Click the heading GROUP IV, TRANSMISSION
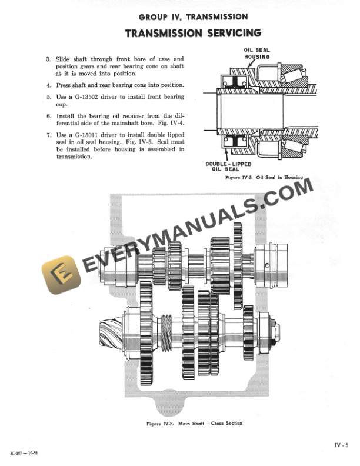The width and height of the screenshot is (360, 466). [x=185, y=17]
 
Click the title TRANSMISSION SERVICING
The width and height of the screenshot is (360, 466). [x=185, y=33]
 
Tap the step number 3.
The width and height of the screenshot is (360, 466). [x=48, y=59]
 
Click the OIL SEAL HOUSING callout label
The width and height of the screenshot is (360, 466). [x=257, y=54]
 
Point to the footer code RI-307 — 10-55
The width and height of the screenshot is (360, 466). [x=27, y=453]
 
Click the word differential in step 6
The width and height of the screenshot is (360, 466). [x=73, y=122]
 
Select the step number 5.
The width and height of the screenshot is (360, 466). [x=48, y=96]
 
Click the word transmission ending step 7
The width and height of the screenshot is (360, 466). [x=74, y=157]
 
